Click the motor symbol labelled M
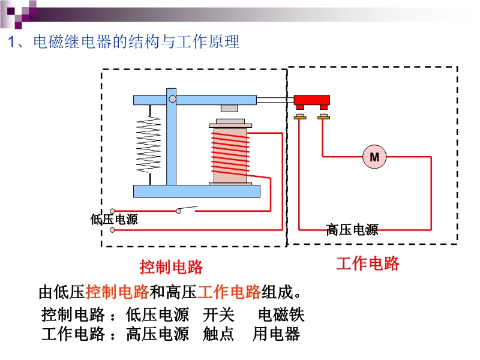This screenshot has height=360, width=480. tap(374, 157)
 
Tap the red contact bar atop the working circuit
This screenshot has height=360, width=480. tap(311, 100)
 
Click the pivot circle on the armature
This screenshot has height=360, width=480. tap(172, 98)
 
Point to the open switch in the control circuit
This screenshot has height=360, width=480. tap(186, 209)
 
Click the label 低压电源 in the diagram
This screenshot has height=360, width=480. tap(114, 220)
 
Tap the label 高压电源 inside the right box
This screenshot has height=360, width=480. tap(352, 229)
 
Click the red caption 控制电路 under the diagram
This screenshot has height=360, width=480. tap(171, 266)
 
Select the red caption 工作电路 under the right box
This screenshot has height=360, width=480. tap(367, 263)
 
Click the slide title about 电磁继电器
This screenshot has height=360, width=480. tap(123, 43)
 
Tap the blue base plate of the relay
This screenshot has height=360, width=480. tap(197, 191)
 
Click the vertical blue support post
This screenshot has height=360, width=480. tap(172, 144)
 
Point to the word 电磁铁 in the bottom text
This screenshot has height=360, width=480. tap(281, 314)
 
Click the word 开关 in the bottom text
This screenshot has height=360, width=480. tap(218, 314)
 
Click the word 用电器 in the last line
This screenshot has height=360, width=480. tap(276, 334)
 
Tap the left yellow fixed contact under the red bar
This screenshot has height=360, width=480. tap(300, 116)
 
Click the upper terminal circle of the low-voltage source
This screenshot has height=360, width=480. tap(112, 211)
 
